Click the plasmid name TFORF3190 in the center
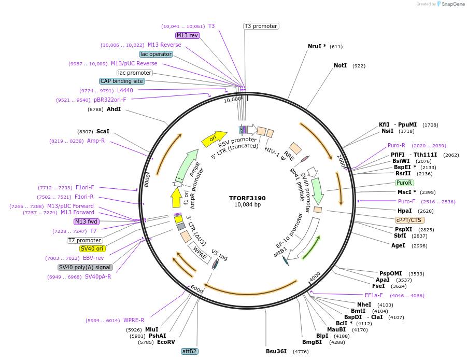click(247, 198)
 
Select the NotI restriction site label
click(340, 66)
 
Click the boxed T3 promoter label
click(261, 26)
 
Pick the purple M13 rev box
click(187, 35)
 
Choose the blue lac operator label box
click(155, 54)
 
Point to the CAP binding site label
click(122, 81)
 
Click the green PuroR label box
click(404, 183)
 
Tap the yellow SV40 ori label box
click(92, 248)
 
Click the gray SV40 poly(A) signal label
click(84, 267)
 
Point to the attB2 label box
click(189, 351)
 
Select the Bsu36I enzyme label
click(276, 351)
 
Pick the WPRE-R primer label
click(134, 320)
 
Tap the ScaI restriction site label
click(103, 132)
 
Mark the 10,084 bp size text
click(247, 205)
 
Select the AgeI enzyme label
click(398, 245)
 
